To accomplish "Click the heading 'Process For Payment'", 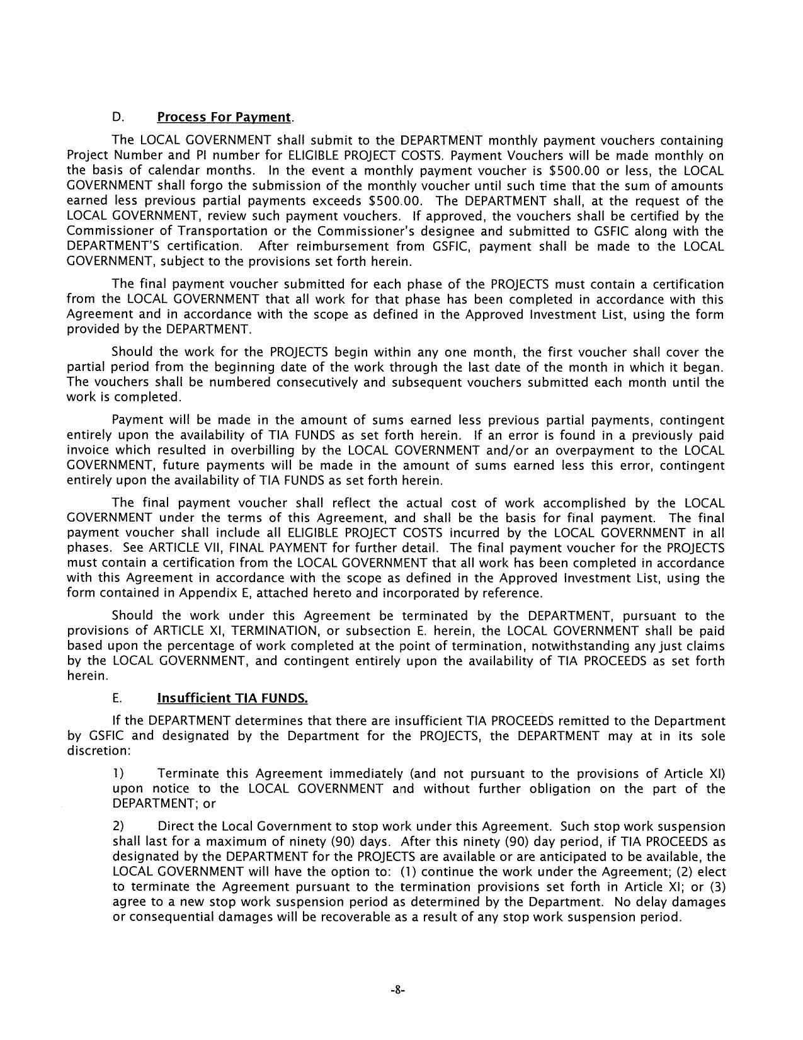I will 224,117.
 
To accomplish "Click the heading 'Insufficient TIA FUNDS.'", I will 232,699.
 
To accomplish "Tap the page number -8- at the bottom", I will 397,990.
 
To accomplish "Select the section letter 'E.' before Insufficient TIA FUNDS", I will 117,699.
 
